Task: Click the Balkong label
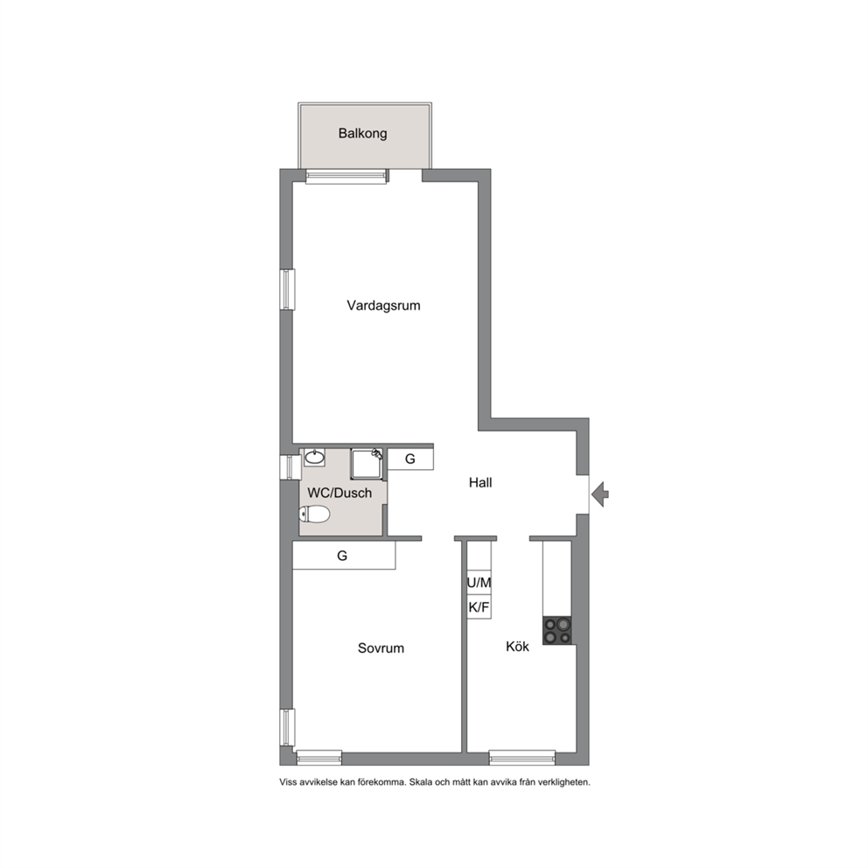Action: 362,133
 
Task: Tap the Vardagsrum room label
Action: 383,305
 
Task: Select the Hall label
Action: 480,483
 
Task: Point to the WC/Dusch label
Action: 339,493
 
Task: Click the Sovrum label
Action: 381,647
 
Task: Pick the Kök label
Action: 518,646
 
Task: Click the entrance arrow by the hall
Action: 600,494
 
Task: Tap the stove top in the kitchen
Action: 556,631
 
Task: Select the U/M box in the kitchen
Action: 479,583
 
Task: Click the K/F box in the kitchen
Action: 479,607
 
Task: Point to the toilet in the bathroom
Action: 314,514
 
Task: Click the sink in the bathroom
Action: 314,458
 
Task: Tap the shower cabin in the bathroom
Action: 367,464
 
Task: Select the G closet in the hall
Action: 410,458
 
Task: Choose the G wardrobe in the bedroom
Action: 344,556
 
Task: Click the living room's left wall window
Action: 287,290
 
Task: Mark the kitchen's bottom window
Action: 522,758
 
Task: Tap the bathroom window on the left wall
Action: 290,467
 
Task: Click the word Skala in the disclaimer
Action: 420,782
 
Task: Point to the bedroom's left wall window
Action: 287,727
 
